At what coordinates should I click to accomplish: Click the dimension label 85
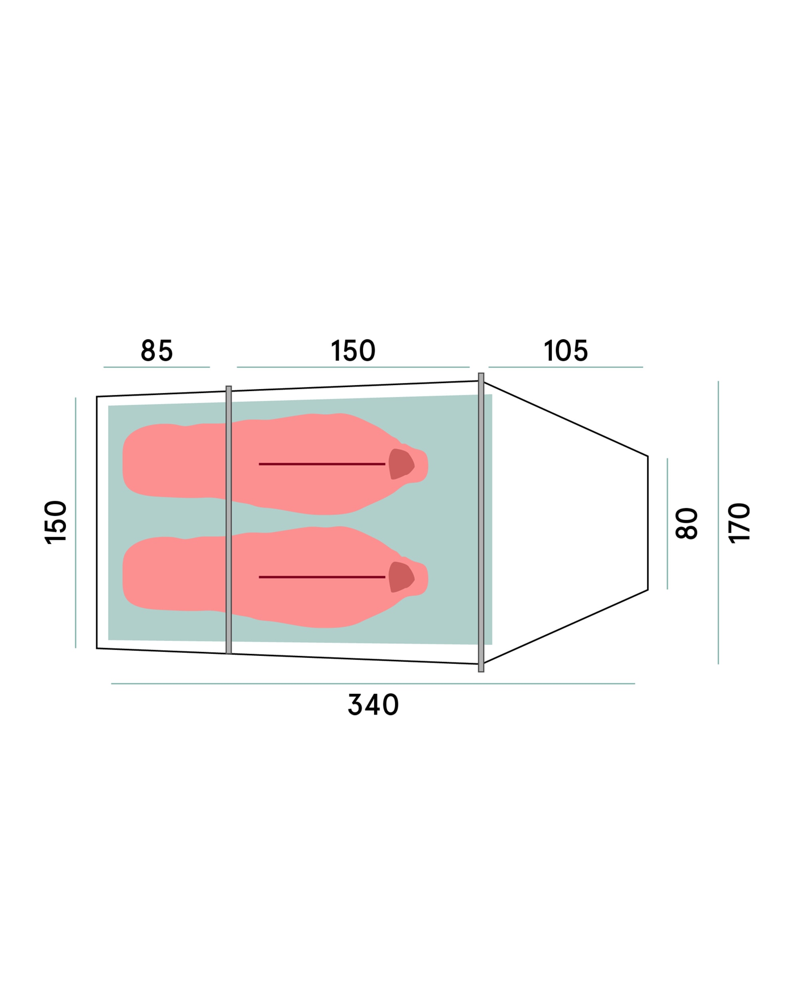[157, 350]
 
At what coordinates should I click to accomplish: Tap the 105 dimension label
[566, 350]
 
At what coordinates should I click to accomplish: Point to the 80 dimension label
[686, 523]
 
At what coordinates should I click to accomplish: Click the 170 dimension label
[739, 523]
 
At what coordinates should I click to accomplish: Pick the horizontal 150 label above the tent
[353, 350]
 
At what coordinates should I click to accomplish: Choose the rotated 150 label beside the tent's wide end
[56, 522]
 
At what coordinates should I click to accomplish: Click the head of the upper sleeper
[401, 464]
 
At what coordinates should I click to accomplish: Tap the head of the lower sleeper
[401, 577]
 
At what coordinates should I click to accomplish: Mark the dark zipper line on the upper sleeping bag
[322, 464]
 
